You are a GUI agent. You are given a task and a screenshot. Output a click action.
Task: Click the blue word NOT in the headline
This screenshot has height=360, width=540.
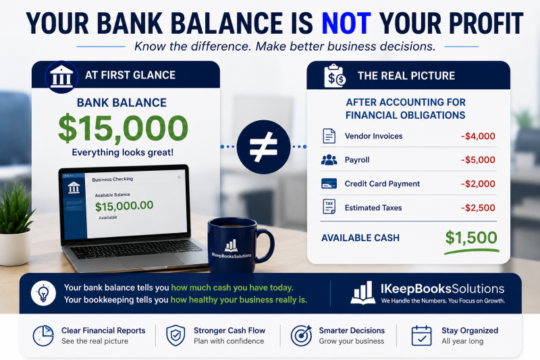(346, 24)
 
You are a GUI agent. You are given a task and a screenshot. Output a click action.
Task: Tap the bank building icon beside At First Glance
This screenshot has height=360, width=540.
(61, 77)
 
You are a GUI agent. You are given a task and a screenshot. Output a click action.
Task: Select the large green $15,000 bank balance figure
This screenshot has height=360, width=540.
(123, 128)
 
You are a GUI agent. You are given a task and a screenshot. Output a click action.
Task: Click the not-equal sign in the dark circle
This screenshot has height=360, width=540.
(263, 147)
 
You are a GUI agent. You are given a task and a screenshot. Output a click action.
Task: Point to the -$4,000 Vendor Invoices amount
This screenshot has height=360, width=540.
(478, 136)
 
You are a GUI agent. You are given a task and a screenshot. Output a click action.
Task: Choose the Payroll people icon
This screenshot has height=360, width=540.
(329, 159)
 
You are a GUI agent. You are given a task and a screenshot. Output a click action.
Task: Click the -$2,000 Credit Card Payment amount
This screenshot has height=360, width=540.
(478, 184)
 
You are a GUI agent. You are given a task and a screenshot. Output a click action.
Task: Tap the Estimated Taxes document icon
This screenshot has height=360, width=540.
(329, 207)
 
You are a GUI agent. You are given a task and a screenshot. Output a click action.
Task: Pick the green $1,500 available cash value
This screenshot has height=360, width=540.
(471, 238)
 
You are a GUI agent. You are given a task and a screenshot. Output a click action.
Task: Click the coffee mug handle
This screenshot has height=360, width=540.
(266, 245)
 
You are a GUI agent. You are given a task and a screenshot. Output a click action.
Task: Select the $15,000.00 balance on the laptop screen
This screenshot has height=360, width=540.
(124, 206)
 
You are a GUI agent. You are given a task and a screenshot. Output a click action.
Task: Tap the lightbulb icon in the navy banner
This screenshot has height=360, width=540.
(43, 294)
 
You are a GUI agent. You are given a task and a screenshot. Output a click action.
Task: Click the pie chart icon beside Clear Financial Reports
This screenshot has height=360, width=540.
(43, 336)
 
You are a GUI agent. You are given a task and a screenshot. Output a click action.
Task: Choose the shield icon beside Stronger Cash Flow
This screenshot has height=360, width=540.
(175, 336)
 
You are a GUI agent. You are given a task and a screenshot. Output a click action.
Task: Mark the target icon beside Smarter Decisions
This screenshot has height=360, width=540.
(301, 336)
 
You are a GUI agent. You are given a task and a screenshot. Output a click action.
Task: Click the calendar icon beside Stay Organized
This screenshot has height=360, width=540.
(421, 336)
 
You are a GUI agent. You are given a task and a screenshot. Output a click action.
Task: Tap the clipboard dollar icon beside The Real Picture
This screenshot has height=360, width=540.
(334, 76)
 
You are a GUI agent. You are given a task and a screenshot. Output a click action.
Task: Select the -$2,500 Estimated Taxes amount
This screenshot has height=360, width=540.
(478, 208)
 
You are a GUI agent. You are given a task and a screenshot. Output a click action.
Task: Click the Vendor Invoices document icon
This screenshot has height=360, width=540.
(329, 136)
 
